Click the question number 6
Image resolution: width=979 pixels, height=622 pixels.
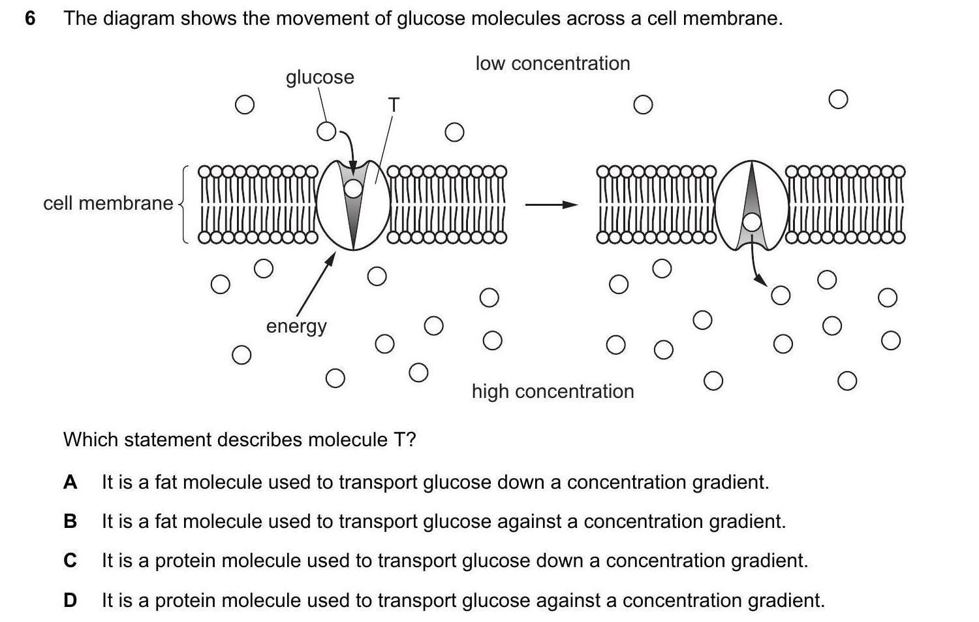tap(30, 18)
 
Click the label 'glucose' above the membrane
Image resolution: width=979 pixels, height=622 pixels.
tap(320, 77)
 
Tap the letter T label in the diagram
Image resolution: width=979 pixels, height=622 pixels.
tap(393, 105)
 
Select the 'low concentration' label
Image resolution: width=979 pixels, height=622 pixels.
tap(552, 63)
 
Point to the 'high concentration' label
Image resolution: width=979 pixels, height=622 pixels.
tap(552, 391)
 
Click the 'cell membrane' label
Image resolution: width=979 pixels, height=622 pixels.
tap(108, 203)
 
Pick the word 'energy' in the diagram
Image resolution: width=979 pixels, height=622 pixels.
tap(296, 326)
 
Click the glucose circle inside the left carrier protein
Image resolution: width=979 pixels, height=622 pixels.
tap(353, 189)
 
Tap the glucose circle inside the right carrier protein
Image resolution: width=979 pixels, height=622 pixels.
tap(753, 223)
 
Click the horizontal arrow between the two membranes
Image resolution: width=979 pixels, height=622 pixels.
tap(552, 205)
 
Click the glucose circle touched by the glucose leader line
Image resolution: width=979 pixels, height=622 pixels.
tap(326, 131)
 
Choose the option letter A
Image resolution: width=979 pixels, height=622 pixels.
tap(70, 482)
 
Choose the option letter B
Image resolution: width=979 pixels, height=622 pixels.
tap(70, 521)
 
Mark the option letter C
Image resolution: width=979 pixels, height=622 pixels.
tap(70, 561)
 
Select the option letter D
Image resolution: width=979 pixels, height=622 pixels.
tap(70, 600)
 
